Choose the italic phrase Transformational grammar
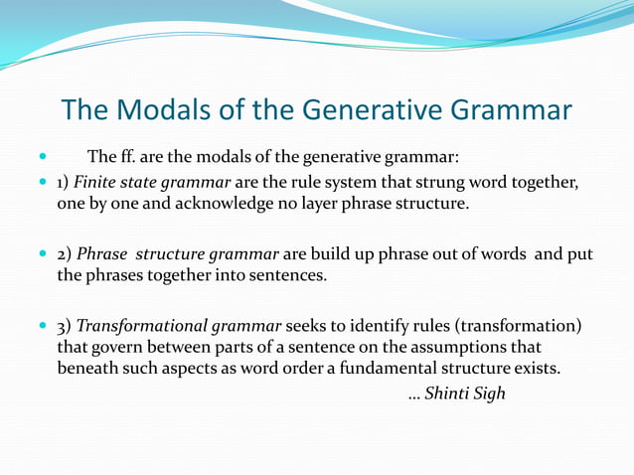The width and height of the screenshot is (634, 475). click(180, 326)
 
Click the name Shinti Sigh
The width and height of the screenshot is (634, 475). click(464, 394)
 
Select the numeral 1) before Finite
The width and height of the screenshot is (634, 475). click(62, 183)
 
